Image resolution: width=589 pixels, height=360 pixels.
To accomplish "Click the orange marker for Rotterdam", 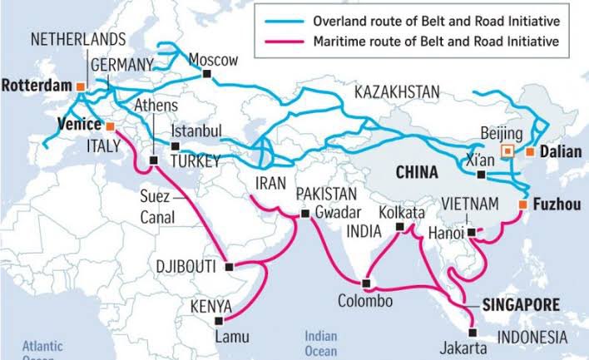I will (x=80, y=86).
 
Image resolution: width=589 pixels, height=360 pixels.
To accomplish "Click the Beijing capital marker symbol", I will (x=506, y=150).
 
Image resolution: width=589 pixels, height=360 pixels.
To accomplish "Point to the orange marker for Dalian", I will (x=529, y=152).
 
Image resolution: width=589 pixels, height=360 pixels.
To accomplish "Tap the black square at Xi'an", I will (x=481, y=175).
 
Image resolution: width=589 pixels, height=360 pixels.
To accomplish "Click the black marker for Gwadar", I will (x=304, y=214).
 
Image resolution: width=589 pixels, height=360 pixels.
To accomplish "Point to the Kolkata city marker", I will (x=400, y=226).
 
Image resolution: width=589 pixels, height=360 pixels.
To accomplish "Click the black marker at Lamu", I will (x=219, y=319).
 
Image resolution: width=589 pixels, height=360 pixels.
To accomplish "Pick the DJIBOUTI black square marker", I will (x=229, y=267).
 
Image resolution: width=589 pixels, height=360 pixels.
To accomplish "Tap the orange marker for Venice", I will (x=110, y=126).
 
